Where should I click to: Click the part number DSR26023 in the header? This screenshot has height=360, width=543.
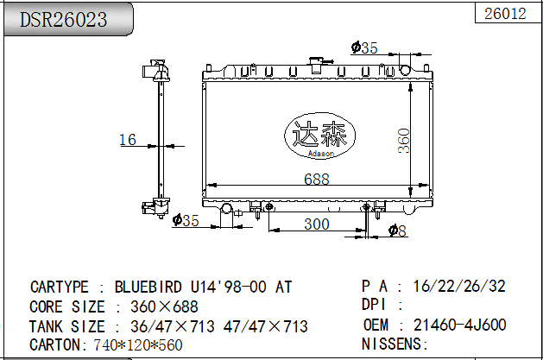click(64, 19)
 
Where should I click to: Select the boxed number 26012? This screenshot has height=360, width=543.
click(506, 13)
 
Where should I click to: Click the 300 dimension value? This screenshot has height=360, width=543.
click(317, 224)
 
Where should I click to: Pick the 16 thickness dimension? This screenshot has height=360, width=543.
click(127, 139)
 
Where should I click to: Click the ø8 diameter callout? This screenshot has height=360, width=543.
click(396, 230)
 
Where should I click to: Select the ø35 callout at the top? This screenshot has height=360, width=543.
click(364, 47)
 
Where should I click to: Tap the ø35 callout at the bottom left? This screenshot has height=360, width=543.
click(186, 221)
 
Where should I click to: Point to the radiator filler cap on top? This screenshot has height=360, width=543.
click(317, 62)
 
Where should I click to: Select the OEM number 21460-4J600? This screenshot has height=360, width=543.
click(460, 325)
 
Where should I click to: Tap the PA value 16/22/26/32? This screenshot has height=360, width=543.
click(459, 287)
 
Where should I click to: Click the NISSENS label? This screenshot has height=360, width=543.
click(394, 344)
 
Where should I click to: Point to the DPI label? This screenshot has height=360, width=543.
click(375, 305)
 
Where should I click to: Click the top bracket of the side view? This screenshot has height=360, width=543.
click(155, 66)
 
